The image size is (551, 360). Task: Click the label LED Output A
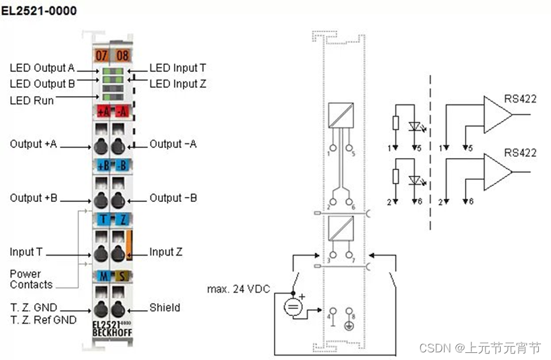click(42, 68)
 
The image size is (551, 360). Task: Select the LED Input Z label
click(178, 83)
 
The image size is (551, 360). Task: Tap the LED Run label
click(31, 100)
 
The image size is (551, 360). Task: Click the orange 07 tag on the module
click(101, 55)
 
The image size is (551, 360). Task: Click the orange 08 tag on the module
click(122, 55)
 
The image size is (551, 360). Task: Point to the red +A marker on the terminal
click(103, 112)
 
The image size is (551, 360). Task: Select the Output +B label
click(33, 198)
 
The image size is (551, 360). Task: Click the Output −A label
click(173, 144)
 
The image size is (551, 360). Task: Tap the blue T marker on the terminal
click(102, 220)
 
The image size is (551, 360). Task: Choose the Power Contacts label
click(31, 279)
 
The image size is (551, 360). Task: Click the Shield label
click(164, 308)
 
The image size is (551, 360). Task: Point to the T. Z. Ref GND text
click(43, 320)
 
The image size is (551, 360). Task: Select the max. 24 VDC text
click(238, 289)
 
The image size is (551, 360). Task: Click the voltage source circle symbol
click(293, 307)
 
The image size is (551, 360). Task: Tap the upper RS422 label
click(520, 99)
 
